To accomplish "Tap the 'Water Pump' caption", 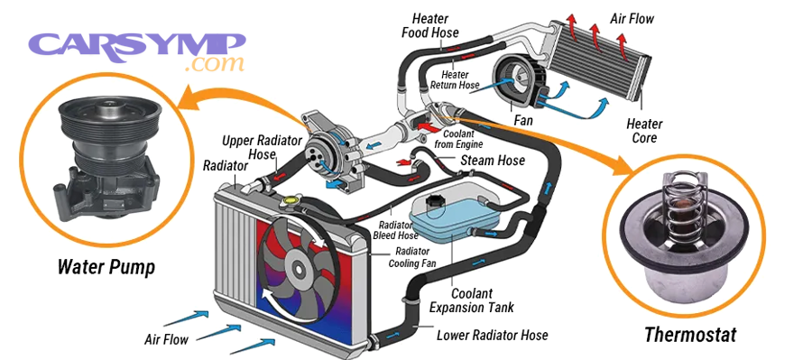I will click(106, 267).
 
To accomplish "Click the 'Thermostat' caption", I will click(689, 335).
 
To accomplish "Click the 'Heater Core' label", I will click(644, 131).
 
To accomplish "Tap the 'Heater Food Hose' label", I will click(430, 26).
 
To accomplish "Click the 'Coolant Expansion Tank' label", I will click(478, 300).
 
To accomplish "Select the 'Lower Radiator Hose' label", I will click(492, 335).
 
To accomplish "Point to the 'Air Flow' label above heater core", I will click(631, 18).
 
